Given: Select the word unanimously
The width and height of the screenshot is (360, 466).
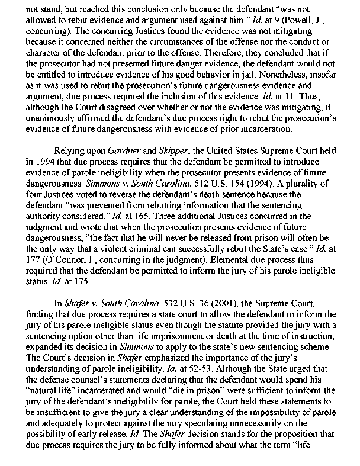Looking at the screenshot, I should (71, 118).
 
